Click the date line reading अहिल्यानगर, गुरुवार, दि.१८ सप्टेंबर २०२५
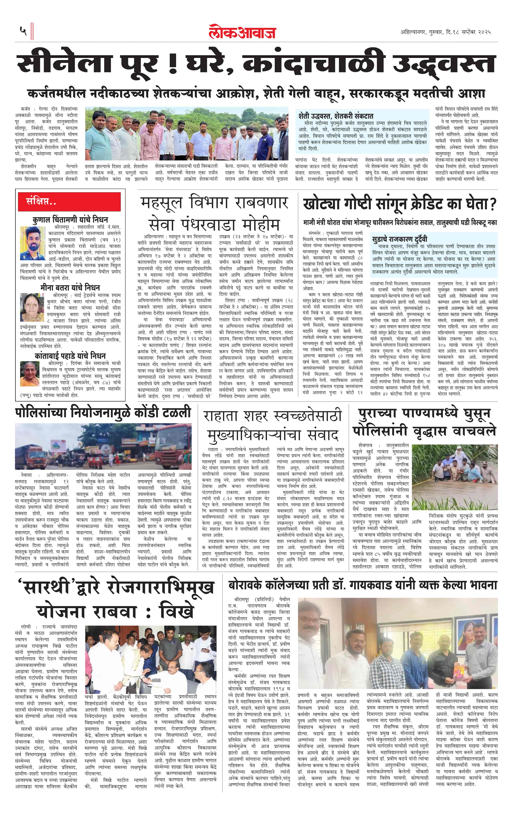[445, 32]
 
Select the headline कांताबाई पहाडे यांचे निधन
[70, 356]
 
